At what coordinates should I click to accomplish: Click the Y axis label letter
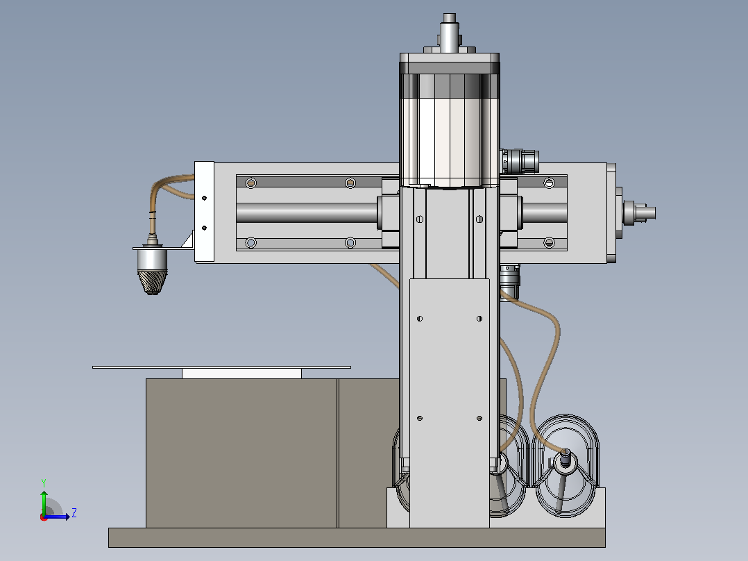pos(44,483)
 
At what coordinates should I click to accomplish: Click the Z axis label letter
pos(74,513)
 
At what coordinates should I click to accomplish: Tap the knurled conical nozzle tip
pos(152,283)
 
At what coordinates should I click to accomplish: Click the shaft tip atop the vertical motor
pos(450,17)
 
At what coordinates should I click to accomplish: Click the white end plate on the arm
pos(204,212)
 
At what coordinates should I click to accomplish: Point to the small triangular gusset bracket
pos(188,240)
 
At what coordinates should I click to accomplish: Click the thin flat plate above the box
pos(221,367)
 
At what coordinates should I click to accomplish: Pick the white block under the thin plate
pos(242,374)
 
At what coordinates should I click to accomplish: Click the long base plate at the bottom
pos(357,537)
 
